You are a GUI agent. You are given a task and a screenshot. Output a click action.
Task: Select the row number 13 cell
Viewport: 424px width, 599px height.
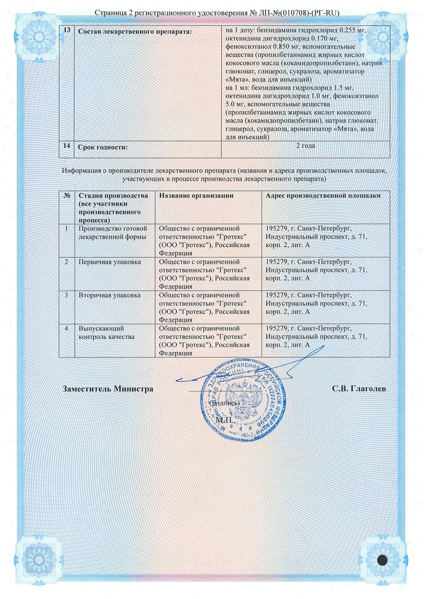pos(66,31)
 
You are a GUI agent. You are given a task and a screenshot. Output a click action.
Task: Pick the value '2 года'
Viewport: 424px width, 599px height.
pos(305,146)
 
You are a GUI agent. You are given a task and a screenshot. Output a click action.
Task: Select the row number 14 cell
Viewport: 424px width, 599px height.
pos(66,146)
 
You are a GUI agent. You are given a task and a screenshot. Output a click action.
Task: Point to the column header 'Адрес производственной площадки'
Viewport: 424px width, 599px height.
pos(323,196)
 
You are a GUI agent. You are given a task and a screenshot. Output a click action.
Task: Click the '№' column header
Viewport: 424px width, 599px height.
pos(66,196)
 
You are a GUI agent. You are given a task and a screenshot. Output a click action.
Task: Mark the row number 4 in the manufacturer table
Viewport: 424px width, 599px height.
pos(66,328)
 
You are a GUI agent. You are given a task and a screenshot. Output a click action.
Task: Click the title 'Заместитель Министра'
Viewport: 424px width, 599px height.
pos(108,389)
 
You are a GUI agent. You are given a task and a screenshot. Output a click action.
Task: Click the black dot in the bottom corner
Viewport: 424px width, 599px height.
pos(383,560)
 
